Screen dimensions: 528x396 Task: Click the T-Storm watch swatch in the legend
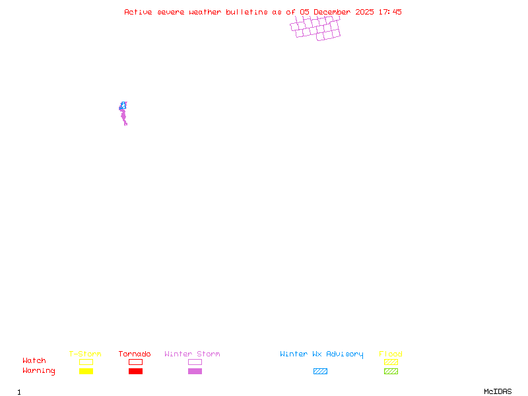[x=86, y=362]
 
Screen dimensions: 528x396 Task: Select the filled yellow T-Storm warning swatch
[x=86, y=372]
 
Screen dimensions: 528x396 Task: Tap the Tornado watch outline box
[x=135, y=362]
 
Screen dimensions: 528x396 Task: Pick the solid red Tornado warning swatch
[x=135, y=372]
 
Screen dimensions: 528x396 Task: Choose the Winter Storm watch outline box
[x=195, y=362]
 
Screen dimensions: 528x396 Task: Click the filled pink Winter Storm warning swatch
[x=195, y=372]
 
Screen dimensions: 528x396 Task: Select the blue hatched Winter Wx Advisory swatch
[x=320, y=372]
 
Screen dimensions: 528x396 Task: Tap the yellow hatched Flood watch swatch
[x=391, y=362]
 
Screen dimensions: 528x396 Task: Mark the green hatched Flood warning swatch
[x=391, y=372]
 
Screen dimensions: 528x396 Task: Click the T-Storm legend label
[x=85, y=354]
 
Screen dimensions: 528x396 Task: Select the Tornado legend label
[x=135, y=354]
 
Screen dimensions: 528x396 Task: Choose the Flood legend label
[x=391, y=354]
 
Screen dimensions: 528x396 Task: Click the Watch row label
[x=34, y=361]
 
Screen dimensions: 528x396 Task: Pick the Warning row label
[x=38, y=371]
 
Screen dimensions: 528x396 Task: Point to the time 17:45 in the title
[x=390, y=12]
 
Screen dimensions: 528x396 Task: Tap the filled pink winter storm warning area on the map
[x=123, y=116]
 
